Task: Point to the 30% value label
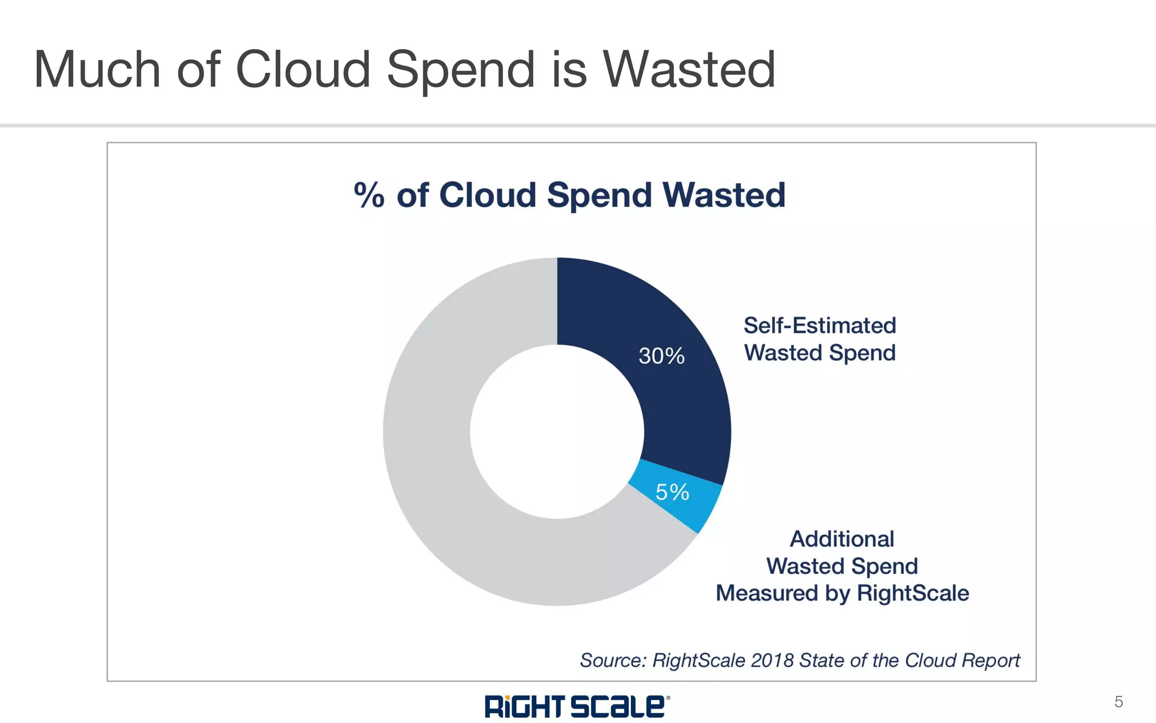pyautogui.click(x=662, y=356)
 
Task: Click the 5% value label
pyautogui.click(x=672, y=492)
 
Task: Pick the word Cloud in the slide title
pyautogui.click(x=303, y=69)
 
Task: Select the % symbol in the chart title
pyautogui.click(x=369, y=195)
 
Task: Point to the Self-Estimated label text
pyautogui.click(x=820, y=325)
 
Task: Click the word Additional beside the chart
pyautogui.click(x=842, y=539)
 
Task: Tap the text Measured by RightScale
pyautogui.click(x=842, y=593)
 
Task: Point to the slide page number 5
pyautogui.click(x=1118, y=702)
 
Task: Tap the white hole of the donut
pyautogui.click(x=557, y=432)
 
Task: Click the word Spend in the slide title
pyautogui.click(x=461, y=71)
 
